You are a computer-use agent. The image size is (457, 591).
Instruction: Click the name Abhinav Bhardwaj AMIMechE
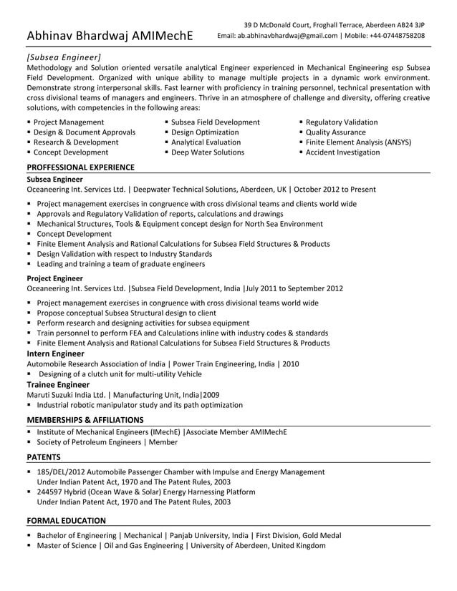tap(109, 35)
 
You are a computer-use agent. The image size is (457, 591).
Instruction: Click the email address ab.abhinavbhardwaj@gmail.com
tap(287, 36)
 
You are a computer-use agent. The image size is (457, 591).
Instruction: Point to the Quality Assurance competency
tap(335, 132)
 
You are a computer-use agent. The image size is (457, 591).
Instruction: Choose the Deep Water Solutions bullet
tap(208, 152)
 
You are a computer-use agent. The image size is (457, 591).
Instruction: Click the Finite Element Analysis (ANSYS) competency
tap(358, 142)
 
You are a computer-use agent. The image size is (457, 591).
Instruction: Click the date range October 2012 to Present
tap(335, 190)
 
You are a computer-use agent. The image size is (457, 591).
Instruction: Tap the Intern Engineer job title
tap(55, 353)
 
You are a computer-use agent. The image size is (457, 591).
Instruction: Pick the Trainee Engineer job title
tap(57, 384)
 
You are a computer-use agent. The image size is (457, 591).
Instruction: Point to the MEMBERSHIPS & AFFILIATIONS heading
tap(85, 420)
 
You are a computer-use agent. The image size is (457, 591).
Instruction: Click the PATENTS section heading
tap(44, 457)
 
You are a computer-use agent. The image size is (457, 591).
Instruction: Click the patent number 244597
tap(51, 492)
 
